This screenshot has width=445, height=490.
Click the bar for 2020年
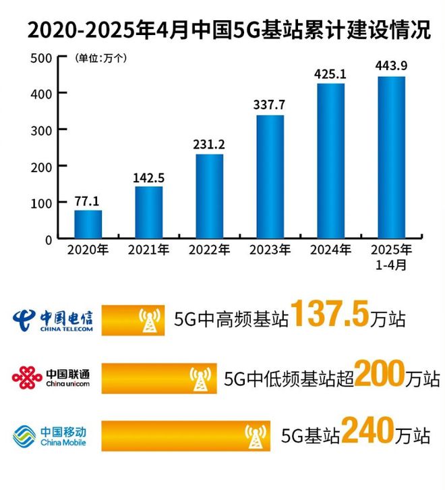click(x=88, y=224)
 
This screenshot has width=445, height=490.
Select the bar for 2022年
click(x=209, y=196)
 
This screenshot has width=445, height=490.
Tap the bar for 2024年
click(x=330, y=161)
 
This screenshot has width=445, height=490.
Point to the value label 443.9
click(x=391, y=66)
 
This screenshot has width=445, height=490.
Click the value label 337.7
click(x=270, y=105)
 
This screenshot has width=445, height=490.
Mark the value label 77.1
click(x=88, y=200)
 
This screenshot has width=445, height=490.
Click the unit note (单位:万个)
click(x=100, y=58)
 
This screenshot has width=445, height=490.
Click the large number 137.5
click(x=330, y=315)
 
